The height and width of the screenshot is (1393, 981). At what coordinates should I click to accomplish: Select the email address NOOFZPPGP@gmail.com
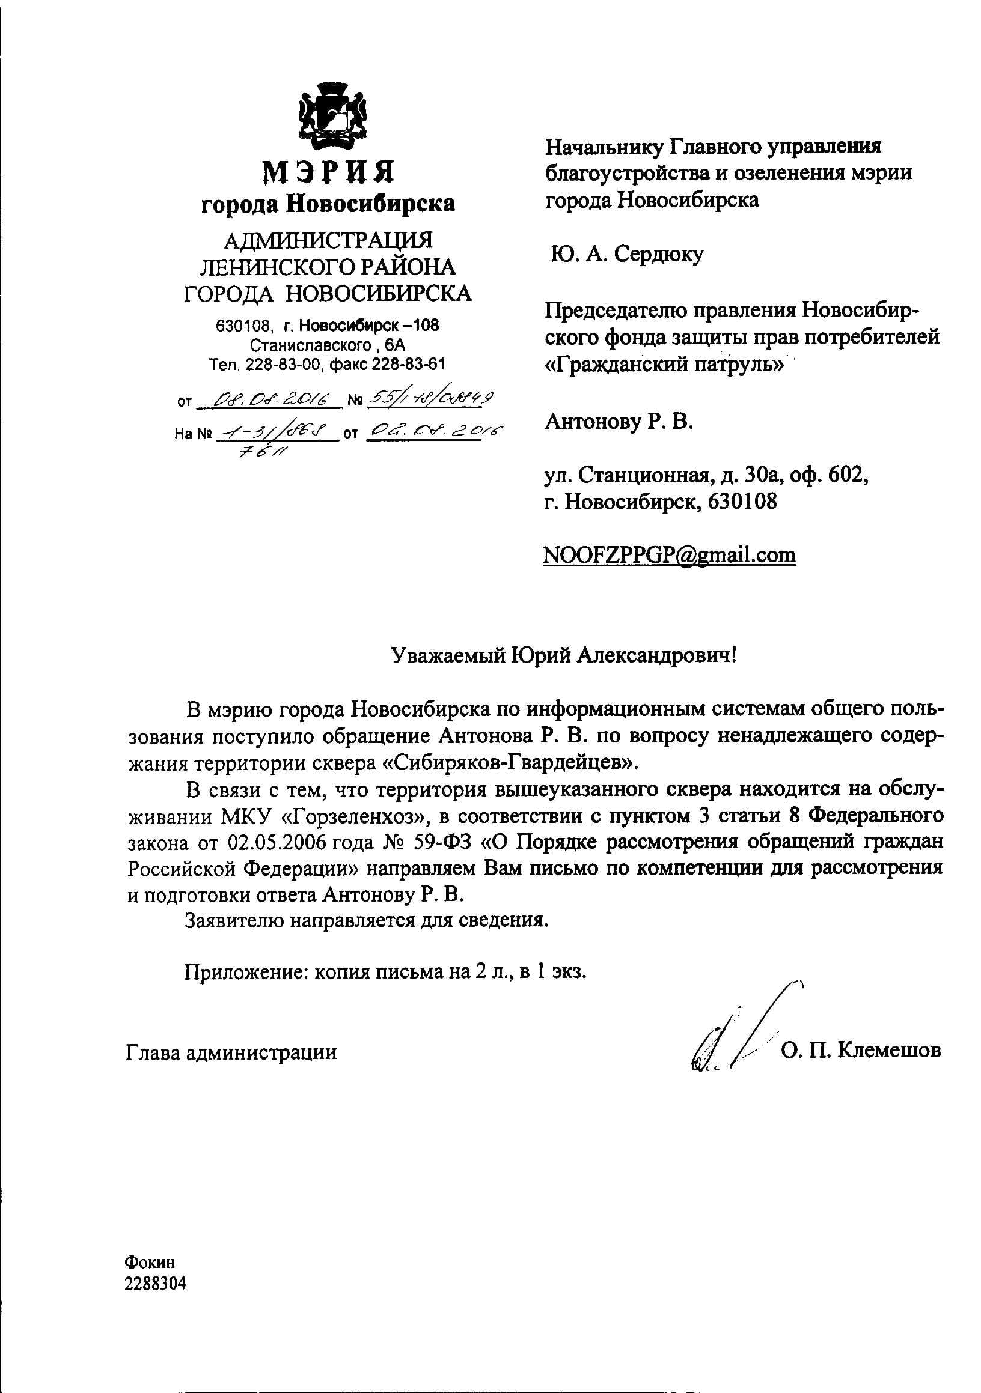tap(669, 554)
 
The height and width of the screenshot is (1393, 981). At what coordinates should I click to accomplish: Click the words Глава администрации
tap(231, 1051)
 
